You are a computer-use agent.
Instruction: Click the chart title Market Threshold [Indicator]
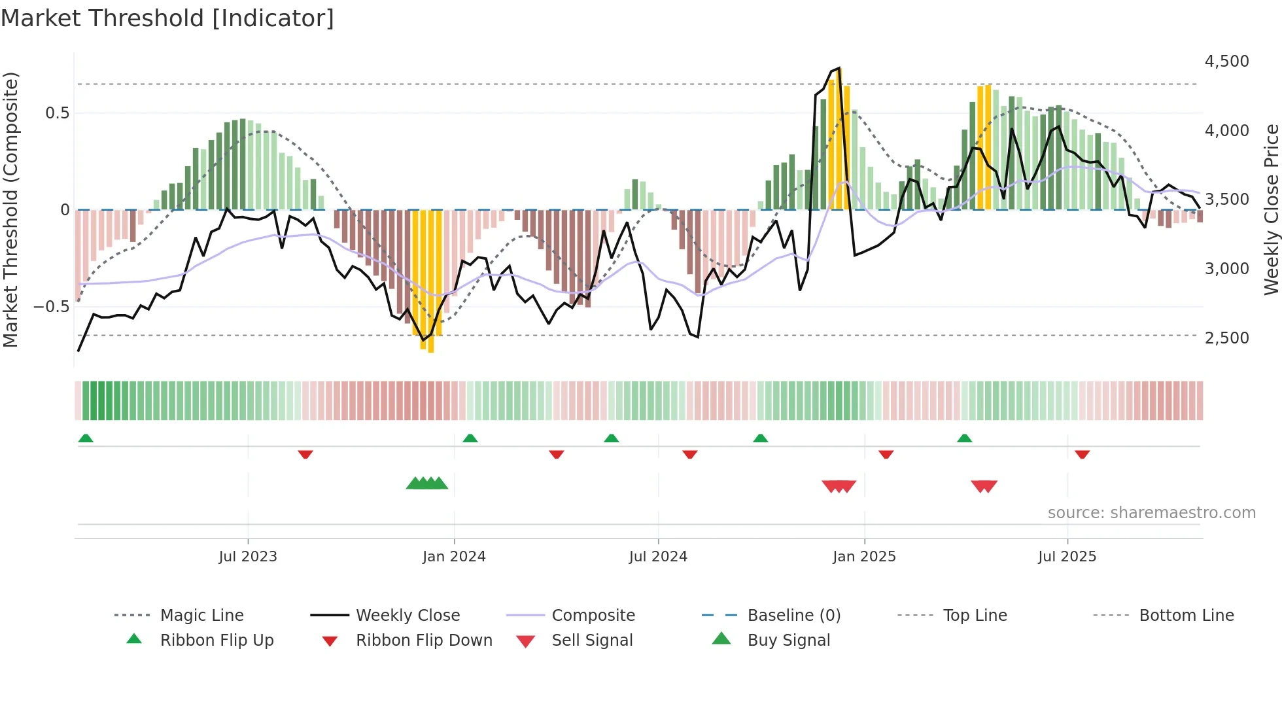click(167, 18)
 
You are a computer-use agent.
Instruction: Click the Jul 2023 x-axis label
click(248, 557)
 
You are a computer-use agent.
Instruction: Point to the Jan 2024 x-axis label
click(454, 557)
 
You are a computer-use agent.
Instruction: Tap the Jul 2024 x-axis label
click(658, 557)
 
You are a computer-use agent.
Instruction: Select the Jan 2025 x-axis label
click(864, 557)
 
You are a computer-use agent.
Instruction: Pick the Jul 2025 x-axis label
click(1067, 557)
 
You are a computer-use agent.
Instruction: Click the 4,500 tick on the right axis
click(1226, 62)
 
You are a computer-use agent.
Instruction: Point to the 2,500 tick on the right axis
click(1226, 338)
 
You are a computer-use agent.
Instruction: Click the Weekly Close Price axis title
click(1271, 209)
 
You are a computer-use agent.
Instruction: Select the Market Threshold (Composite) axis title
click(10, 209)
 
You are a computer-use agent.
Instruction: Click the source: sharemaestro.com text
click(1151, 513)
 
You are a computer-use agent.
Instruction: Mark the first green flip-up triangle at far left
click(86, 438)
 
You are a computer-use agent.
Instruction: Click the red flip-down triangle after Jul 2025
click(1082, 454)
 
